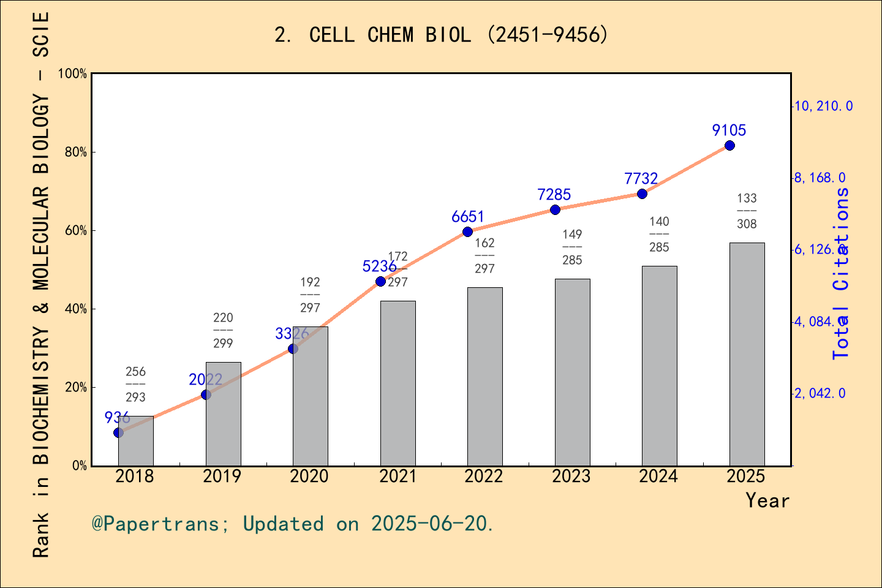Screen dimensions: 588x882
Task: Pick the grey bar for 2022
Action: point(484,376)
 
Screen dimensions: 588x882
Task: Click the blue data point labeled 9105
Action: point(729,146)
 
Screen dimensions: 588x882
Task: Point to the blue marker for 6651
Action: point(467,232)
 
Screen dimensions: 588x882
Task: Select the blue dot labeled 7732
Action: point(642,194)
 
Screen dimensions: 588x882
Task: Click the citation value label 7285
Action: point(554,195)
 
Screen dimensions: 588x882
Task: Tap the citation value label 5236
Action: point(379,266)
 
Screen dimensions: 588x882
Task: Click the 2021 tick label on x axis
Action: point(397,477)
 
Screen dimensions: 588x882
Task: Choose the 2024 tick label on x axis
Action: point(658,477)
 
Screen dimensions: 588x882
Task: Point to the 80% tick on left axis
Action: point(76,153)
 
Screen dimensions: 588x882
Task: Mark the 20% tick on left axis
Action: point(76,388)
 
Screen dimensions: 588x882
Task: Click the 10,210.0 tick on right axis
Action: point(823,107)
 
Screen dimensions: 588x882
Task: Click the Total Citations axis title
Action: point(841,273)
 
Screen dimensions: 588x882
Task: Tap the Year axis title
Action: point(767,501)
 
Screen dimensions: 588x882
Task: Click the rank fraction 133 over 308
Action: point(747,211)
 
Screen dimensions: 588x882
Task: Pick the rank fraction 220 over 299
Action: point(223,331)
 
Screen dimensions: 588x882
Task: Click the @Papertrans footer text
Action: point(292,524)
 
